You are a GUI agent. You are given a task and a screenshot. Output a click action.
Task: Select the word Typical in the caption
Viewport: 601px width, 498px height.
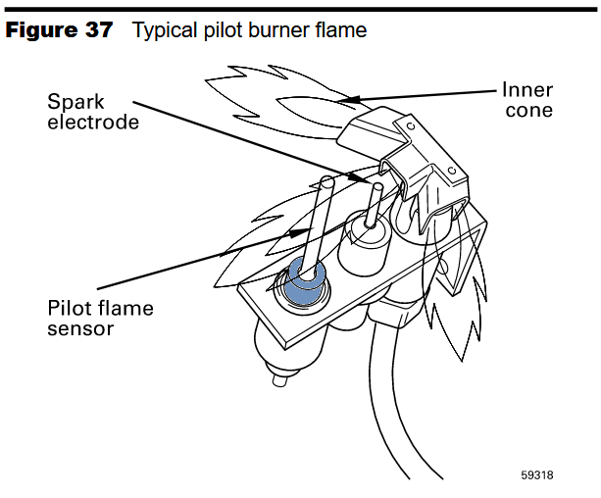[163, 30]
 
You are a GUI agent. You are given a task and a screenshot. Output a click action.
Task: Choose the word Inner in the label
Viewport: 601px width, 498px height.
[527, 89]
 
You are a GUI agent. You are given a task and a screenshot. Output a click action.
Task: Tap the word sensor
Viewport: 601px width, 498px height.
[80, 328]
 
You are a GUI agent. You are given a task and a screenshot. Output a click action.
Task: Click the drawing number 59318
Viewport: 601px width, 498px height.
[537, 476]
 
